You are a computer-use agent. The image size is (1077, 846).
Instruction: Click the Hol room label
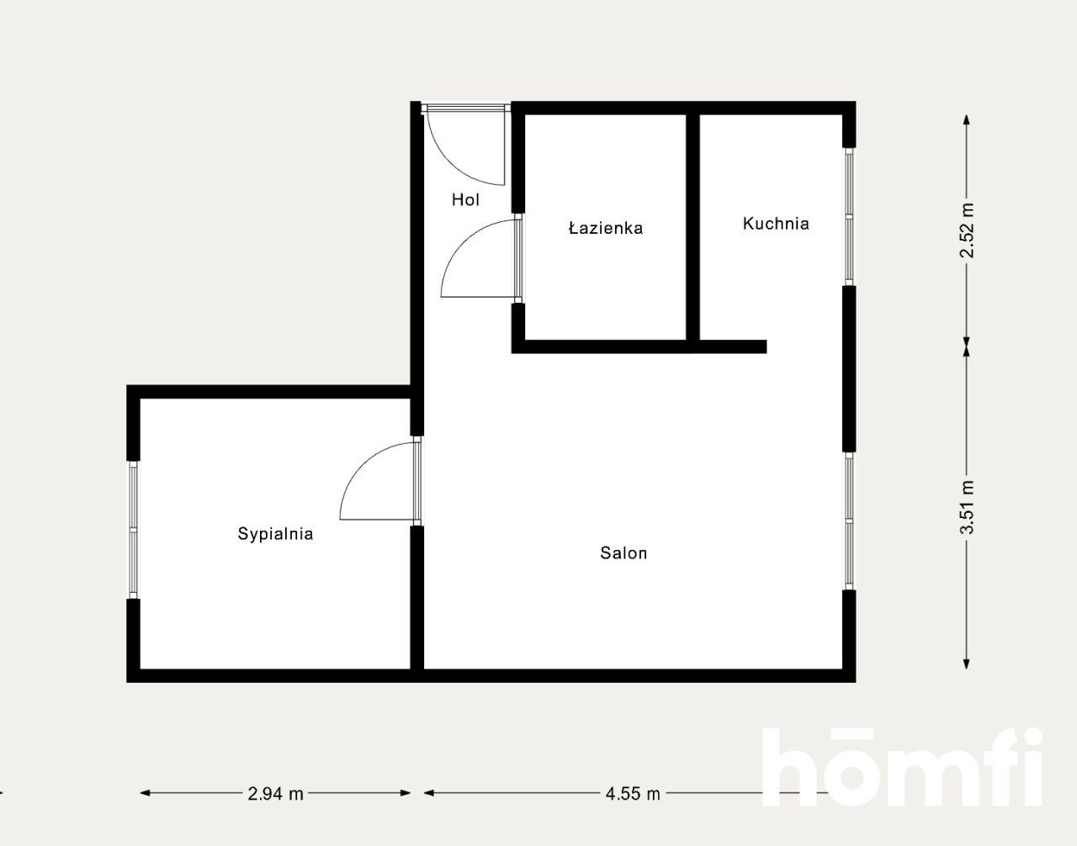pos(465,200)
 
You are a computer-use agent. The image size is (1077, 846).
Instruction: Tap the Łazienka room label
pos(606,228)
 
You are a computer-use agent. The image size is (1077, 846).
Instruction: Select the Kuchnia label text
pos(776,224)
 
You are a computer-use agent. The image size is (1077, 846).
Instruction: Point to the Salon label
pos(623,553)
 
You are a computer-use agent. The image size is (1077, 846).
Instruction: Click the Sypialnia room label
pos(275,534)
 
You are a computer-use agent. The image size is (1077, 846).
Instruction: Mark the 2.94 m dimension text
pos(275,793)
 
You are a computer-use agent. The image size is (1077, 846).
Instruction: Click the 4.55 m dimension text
pos(633,793)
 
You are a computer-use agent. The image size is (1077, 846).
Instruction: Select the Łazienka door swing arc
pos(475,261)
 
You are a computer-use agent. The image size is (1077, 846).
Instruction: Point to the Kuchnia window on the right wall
pos(849,217)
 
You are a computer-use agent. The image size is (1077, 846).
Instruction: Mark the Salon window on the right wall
pos(849,521)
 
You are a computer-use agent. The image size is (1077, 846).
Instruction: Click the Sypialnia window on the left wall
pos(133,530)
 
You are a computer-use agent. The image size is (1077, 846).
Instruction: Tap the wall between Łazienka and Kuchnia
pos(692,227)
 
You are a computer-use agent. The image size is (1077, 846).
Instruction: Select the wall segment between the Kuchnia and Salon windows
pos(849,369)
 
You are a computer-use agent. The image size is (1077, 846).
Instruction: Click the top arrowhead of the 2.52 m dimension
pos(967,119)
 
